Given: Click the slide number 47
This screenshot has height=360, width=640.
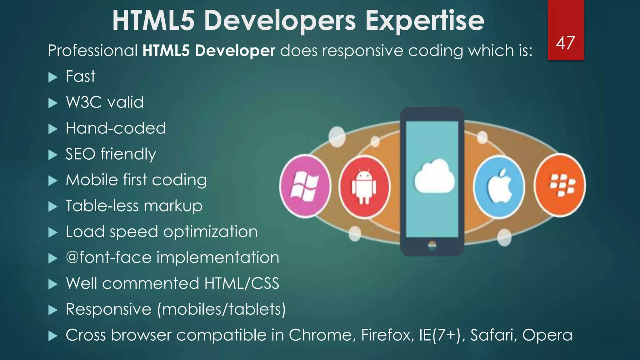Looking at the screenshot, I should point(565,43).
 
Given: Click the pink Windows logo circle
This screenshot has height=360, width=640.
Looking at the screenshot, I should point(305,186).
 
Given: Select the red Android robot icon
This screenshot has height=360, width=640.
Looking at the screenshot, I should point(364,187).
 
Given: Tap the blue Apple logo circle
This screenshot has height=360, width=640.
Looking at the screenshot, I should point(499,187).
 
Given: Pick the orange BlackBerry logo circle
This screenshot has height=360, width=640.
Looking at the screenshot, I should point(560,185).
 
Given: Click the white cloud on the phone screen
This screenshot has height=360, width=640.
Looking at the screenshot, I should point(434,177).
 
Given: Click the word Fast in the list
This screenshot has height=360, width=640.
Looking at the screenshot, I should point(80,77).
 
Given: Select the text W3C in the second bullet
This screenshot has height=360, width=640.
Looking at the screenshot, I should point(84,102).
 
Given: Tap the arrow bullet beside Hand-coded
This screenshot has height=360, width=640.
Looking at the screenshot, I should point(53,129).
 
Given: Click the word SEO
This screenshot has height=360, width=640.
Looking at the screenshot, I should point(80,154).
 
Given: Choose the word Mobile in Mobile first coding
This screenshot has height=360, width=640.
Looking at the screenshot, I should point(92,180).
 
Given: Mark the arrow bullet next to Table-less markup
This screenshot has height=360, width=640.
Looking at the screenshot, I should point(53,207).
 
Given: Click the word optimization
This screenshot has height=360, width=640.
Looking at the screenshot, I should point(210,232).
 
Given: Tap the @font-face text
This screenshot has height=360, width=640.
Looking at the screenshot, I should point(108,258).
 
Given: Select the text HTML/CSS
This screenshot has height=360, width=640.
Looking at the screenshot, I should point(242,284).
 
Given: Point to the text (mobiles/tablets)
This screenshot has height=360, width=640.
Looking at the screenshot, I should point(222,310).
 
